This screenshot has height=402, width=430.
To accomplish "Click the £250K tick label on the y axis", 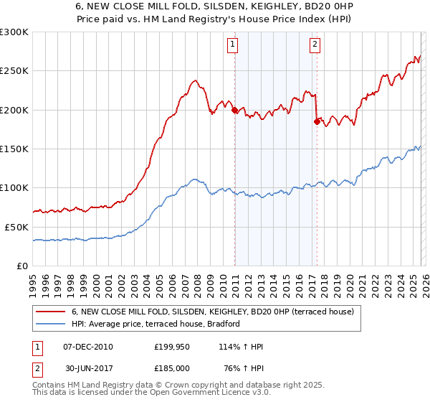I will pyautogui.click(x=14, y=71).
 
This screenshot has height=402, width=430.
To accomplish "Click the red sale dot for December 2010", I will pyautogui.click(x=234, y=110).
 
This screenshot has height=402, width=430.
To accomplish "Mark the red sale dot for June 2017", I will pyautogui.click(x=317, y=121).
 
